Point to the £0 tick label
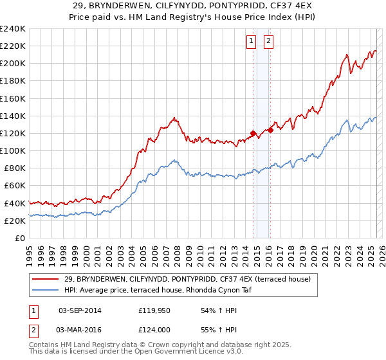pyautogui.click(x=20, y=238)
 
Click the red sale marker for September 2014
pyautogui.click(x=253, y=134)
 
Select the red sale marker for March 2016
pyautogui.click(x=270, y=130)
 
